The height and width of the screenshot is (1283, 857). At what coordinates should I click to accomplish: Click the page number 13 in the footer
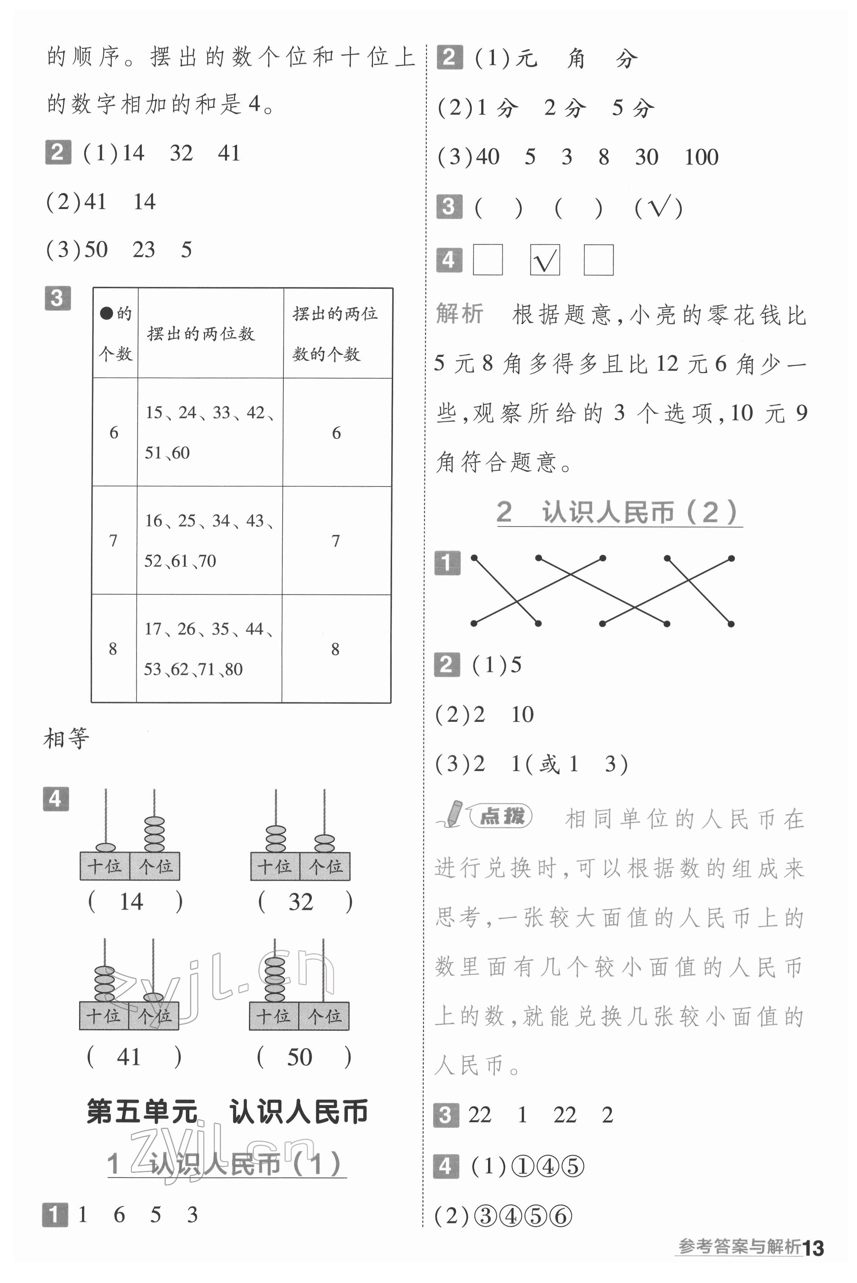[x=813, y=1248]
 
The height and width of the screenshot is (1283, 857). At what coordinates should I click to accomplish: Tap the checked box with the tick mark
[x=544, y=260]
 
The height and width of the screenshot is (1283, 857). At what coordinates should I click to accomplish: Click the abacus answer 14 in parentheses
[x=131, y=902]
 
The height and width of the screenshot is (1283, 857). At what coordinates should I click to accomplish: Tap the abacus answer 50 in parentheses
[x=300, y=1057]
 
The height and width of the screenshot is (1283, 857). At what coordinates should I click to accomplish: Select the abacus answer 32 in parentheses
[x=300, y=902]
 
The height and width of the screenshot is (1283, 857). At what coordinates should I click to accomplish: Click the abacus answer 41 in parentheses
[x=129, y=1057]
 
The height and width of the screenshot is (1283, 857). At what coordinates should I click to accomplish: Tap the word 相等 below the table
[x=66, y=738]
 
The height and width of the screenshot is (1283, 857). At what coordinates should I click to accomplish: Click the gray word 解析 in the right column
[x=459, y=314]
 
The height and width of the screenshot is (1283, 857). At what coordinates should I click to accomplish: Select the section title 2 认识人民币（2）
[x=617, y=513]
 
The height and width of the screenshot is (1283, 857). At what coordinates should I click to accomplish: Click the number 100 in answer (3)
[x=701, y=157]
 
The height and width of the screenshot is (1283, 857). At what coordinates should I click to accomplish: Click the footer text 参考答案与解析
[x=739, y=1247]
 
